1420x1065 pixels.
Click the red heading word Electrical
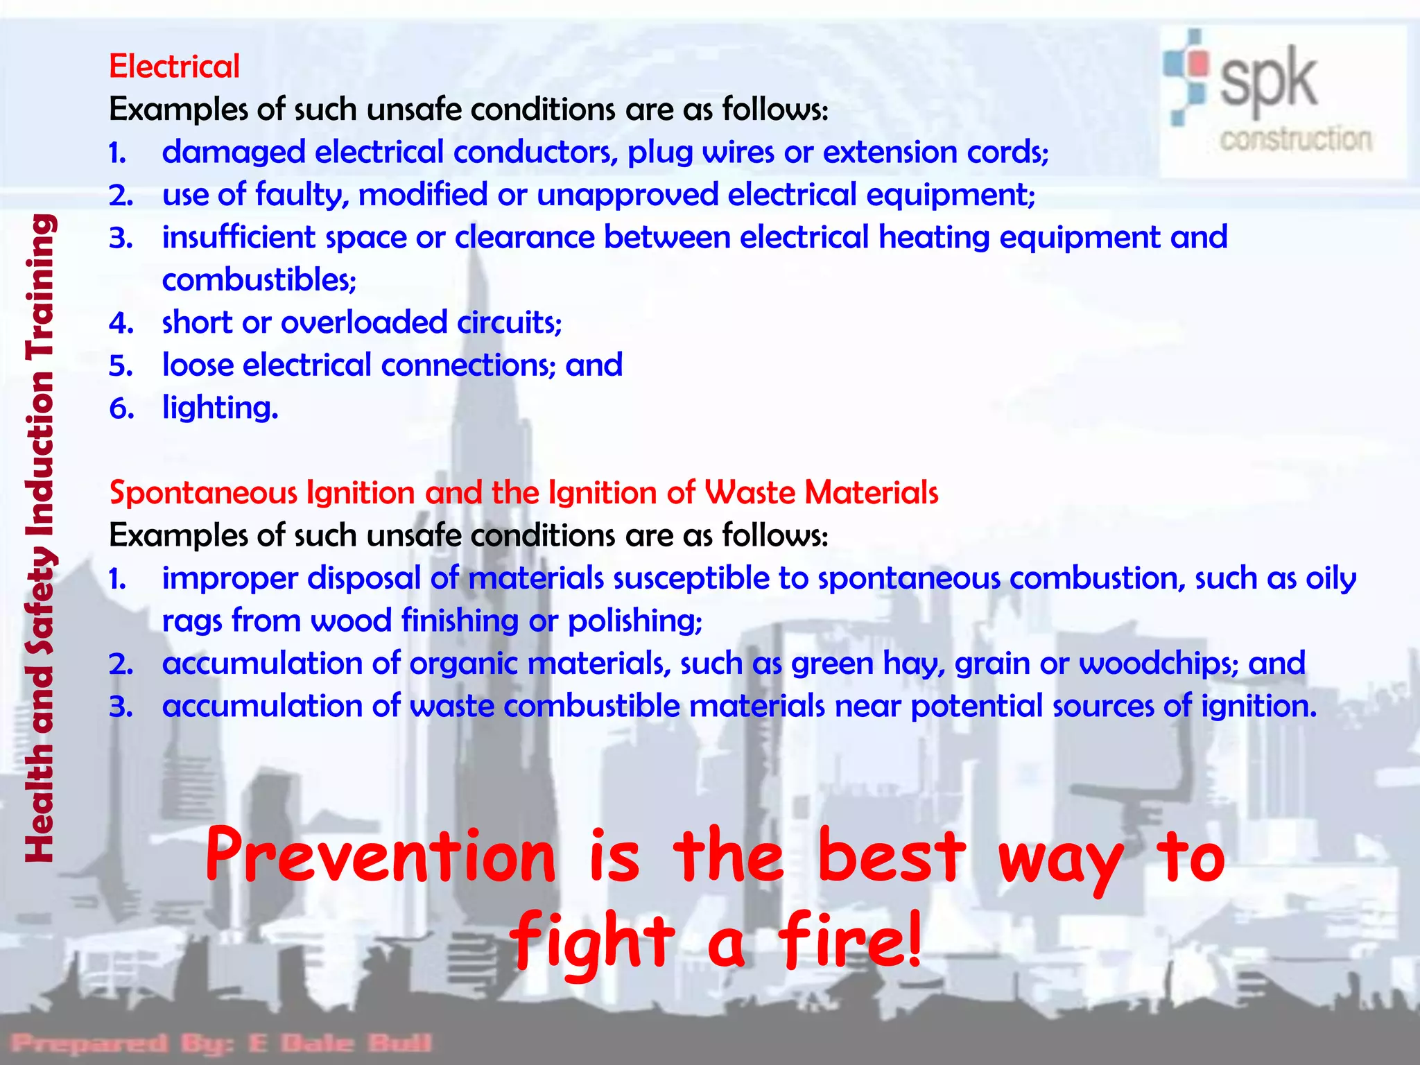click(174, 67)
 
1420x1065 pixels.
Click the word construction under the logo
click(1295, 139)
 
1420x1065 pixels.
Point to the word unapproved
click(627, 195)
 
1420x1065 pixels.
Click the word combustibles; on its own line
click(259, 280)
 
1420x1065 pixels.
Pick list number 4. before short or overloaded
click(121, 323)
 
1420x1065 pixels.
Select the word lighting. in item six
click(220, 408)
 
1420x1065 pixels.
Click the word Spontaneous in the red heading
click(203, 494)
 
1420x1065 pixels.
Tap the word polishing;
click(634, 621)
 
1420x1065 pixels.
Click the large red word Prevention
click(380, 858)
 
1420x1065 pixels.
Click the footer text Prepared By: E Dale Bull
click(222, 1042)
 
